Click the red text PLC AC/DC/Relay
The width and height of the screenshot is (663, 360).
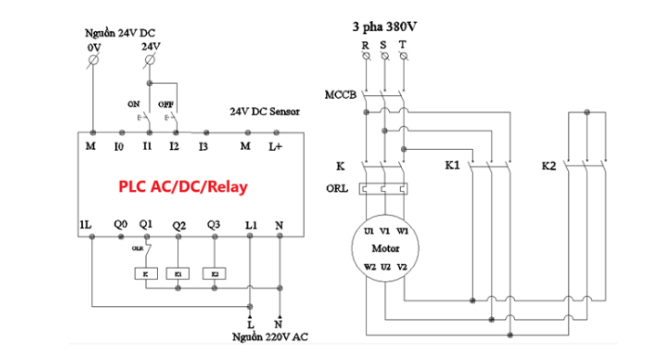183,185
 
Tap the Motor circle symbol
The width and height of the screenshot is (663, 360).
384,249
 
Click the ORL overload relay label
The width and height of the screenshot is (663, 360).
336,189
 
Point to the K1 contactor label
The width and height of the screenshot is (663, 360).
452,166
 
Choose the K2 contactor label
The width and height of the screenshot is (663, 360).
548,166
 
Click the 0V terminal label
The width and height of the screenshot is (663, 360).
93,46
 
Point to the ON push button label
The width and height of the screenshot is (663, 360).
133,104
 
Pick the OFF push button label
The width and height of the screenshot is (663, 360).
166,104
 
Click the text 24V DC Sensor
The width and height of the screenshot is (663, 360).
264,111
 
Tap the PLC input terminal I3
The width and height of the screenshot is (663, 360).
203,145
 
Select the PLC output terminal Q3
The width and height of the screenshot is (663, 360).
214,224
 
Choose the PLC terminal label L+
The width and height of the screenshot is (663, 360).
277,145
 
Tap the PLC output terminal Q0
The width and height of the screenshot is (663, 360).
120,224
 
